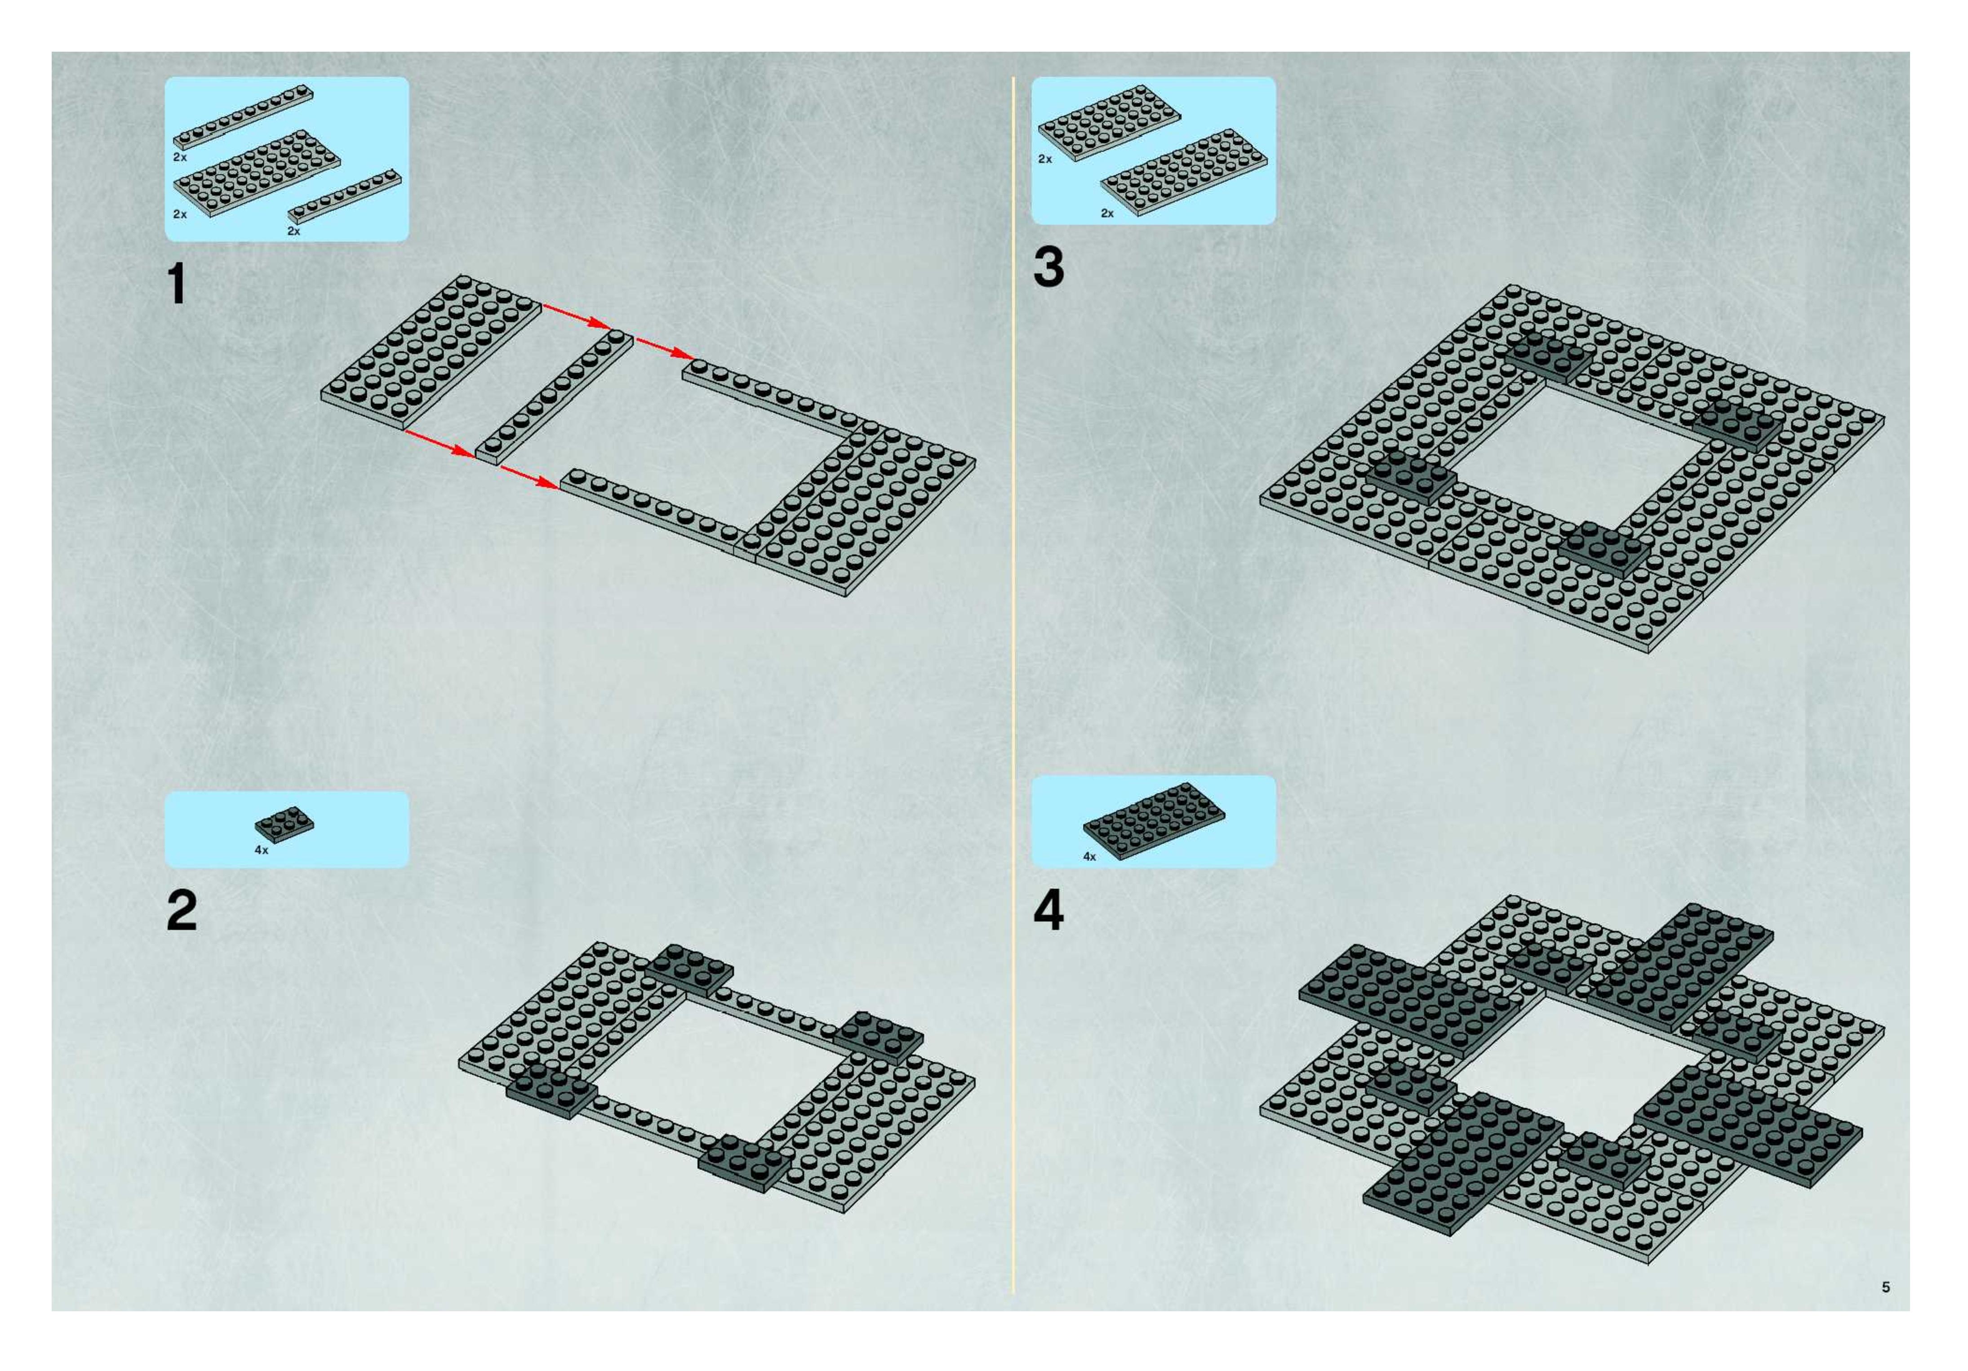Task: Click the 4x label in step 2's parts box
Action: (x=262, y=850)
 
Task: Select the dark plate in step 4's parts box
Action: (x=1154, y=820)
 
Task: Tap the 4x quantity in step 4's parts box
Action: (x=1089, y=857)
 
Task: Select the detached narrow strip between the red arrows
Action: (x=554, y=398)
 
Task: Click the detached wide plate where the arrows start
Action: (x=431, y=352)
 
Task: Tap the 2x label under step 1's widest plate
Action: (x=180, y=214)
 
